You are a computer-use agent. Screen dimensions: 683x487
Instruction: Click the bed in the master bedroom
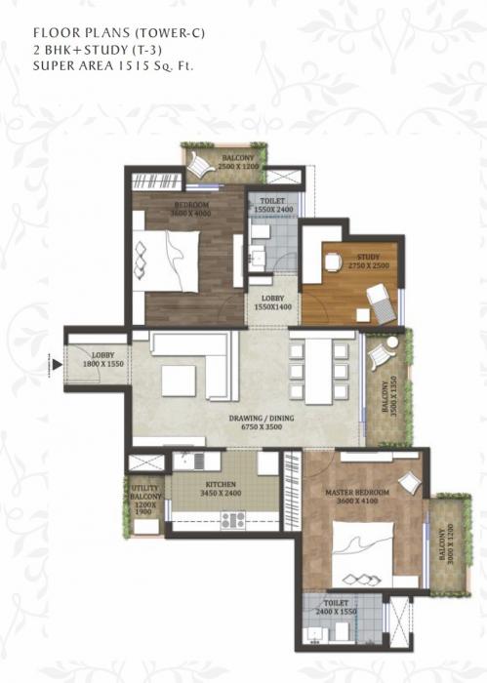coord(362,552)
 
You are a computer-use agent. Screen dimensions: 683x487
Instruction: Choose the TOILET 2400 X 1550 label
coord(337,609)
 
